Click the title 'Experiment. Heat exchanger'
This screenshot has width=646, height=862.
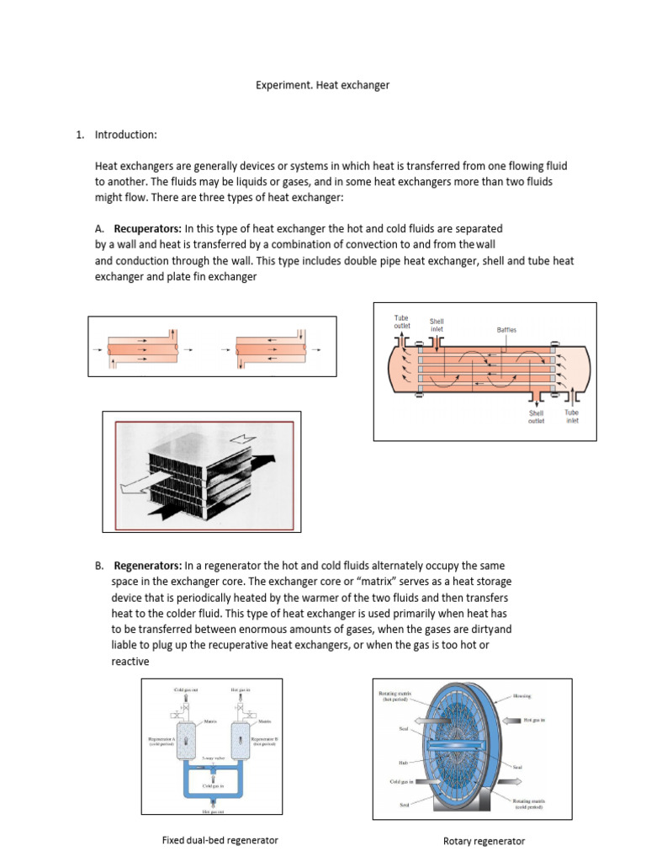click(x=322, y=85)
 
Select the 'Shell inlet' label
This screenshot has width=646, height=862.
click(x=437, y=325)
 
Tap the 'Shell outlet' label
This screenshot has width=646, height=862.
click(x=536, y=417)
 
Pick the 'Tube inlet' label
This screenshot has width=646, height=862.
click(x=571, y=417)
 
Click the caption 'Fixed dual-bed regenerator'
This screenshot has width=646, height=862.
click(x=220, y=840)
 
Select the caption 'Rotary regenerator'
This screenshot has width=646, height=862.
click(x=484, y=841)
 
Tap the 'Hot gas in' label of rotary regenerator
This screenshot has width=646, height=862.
click(x=539, y=721)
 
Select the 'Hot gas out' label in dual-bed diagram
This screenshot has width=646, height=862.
click(x=214, y=812)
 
